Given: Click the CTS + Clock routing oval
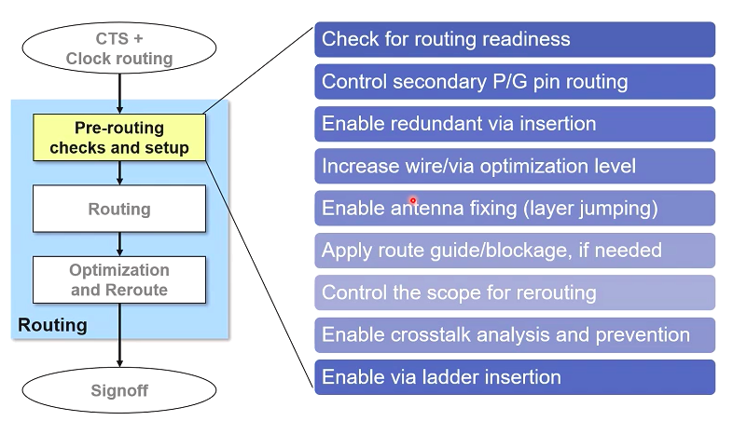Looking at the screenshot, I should (119, 48).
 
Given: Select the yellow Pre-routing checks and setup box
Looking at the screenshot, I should (119, 138).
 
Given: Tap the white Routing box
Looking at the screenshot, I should (119, 209).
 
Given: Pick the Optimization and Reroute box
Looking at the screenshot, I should (119, 279).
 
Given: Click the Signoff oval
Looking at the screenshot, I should (119, 390).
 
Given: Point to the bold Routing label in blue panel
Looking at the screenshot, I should (52, 325).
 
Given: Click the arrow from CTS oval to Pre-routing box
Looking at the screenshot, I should (120, 94).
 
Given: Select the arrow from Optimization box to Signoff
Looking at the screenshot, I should (120, 335).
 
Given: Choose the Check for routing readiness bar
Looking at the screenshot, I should (515, 39).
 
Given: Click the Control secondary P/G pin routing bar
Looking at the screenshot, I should (515, 82).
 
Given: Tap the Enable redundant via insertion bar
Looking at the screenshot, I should (515, 124).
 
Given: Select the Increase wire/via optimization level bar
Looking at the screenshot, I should (515, 166).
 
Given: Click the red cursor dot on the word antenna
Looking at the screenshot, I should (412, 200).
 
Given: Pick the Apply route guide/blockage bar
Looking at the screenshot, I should (515, 251).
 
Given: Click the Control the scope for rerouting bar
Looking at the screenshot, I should (515, 292).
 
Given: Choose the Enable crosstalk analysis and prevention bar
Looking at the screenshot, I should (515, 335).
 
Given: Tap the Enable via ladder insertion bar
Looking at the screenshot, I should (515, 377).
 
